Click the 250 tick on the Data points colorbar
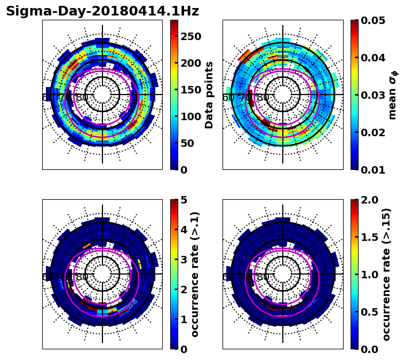(x=191, y=36)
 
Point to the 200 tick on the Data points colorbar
(x=191, y=63)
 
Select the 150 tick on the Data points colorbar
(x=191, y=90)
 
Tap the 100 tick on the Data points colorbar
(x=191, y=116)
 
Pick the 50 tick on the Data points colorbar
(x=188, y=143)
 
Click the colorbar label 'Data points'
(x=209, y=95)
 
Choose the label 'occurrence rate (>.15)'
(x=387, y=274)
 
